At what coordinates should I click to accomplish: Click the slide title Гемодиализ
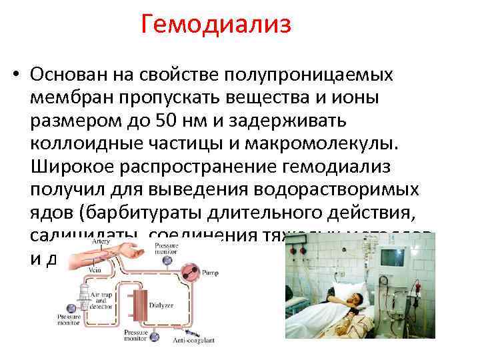[217, 26]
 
